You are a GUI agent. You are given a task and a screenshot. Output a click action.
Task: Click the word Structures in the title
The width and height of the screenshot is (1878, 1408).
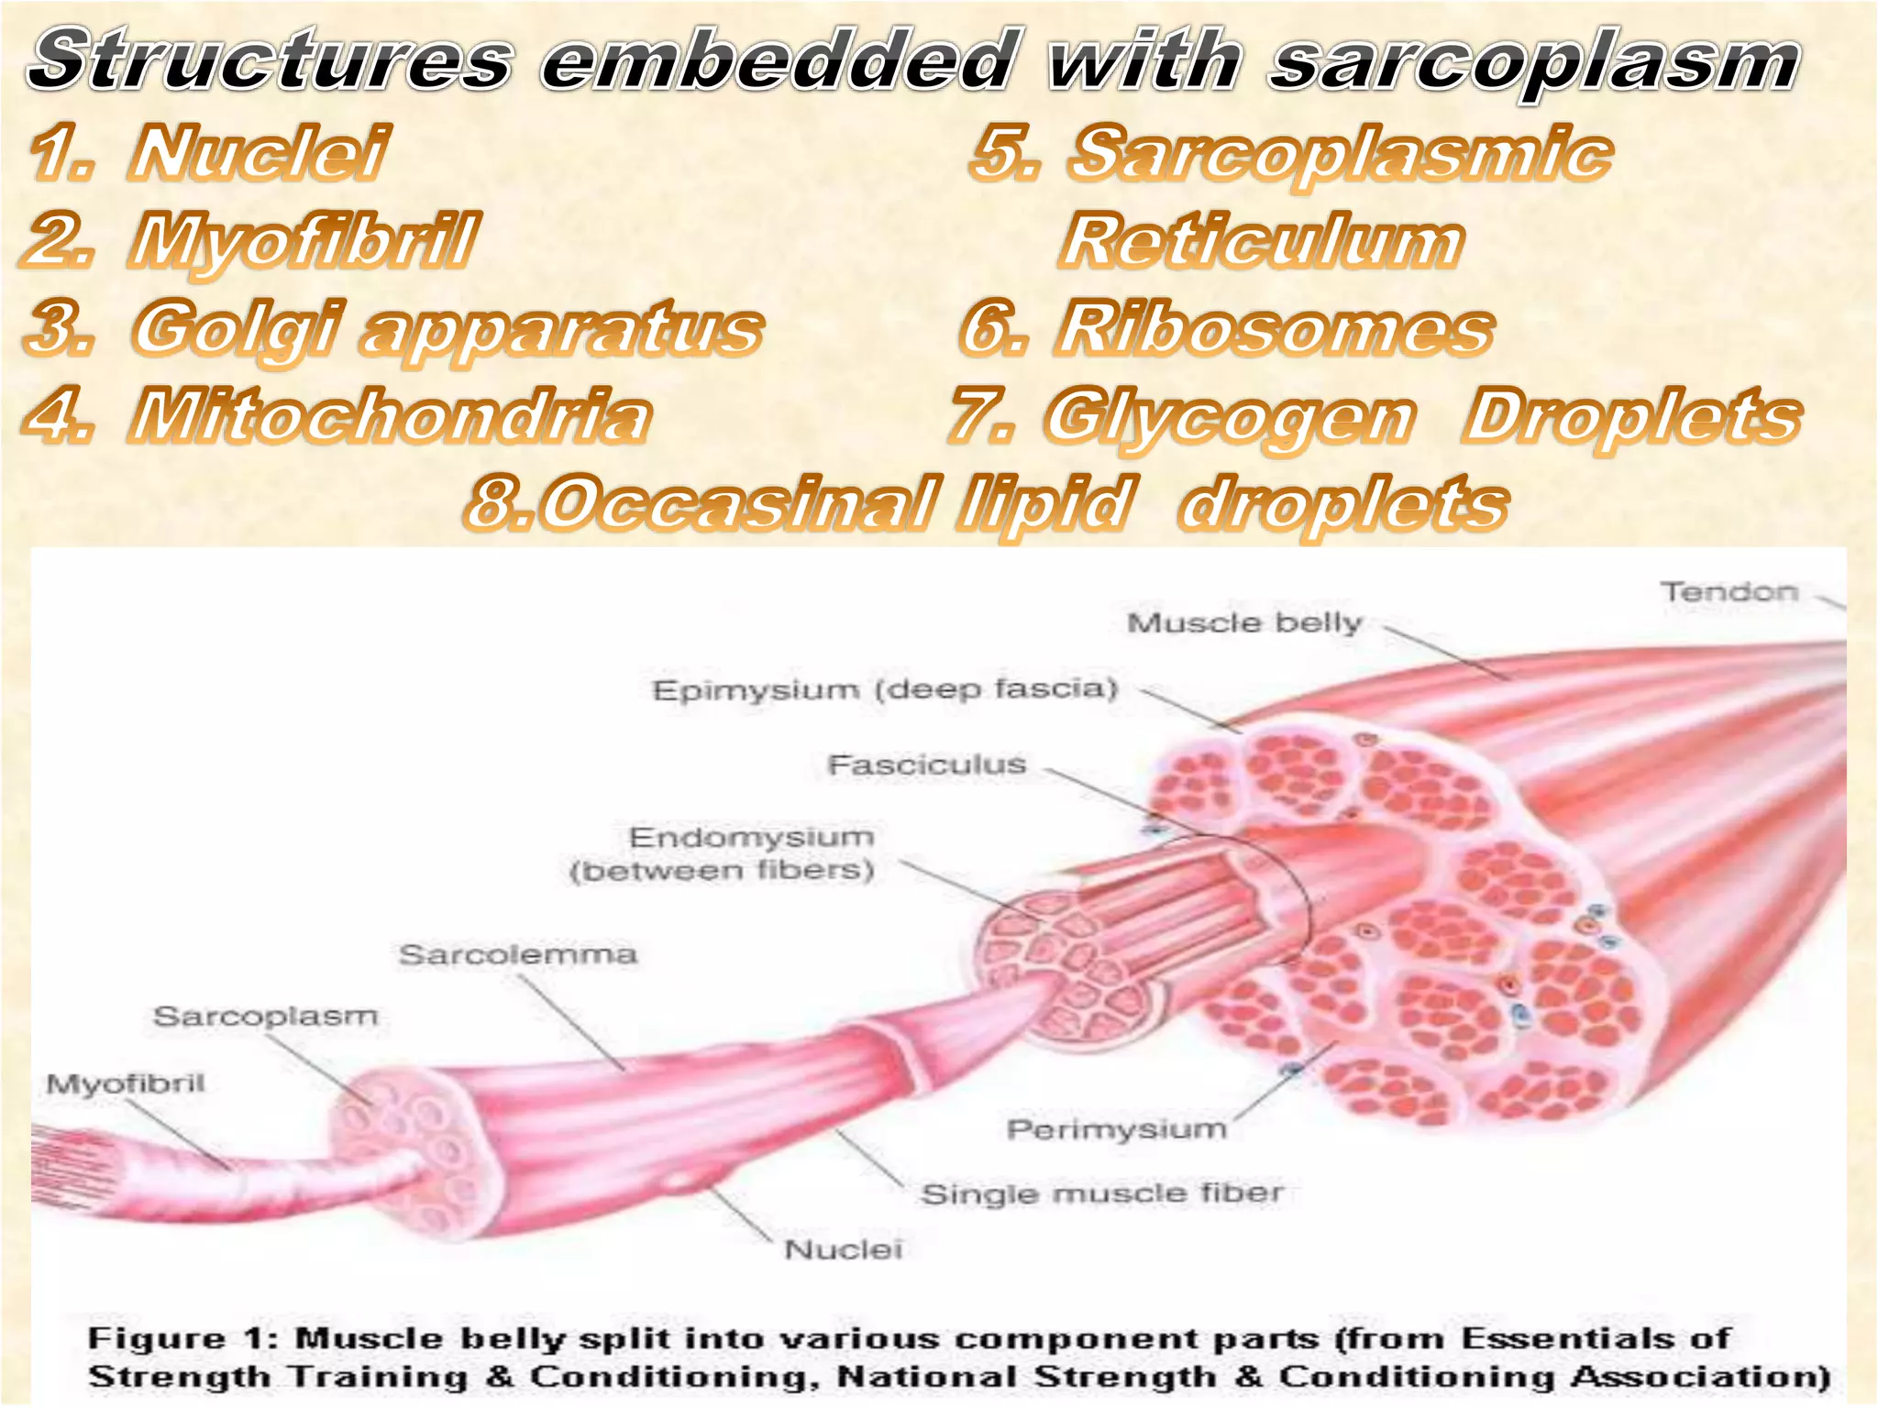coord(271,60)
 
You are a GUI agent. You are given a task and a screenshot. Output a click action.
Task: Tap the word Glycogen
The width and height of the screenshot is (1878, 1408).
coord(1229,415)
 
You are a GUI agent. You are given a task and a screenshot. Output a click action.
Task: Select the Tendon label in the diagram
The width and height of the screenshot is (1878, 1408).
coord(1729,592)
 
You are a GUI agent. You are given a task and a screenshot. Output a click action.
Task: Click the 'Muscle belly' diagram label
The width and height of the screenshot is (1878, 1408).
coord(1244,623)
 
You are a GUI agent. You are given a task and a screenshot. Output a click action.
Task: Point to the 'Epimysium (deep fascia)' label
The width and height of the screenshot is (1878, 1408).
coord(885,689)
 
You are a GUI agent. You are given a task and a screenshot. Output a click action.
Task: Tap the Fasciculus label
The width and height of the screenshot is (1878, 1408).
coord(926,764)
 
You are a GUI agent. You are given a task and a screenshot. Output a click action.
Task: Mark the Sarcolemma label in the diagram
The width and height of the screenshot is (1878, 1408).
coord(518,955)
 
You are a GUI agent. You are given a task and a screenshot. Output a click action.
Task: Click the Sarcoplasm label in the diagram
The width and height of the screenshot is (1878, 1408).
coord(265,1017)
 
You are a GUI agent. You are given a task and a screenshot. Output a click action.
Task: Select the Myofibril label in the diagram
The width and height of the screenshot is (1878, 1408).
coord(126,1084)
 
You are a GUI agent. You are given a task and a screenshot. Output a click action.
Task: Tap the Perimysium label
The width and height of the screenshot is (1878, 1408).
coord(1116,1129)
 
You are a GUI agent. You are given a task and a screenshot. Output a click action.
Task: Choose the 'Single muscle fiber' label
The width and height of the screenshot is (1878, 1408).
coord(1101,1194)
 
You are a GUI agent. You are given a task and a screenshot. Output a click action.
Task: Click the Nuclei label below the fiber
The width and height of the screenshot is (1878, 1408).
coord(844,1249)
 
